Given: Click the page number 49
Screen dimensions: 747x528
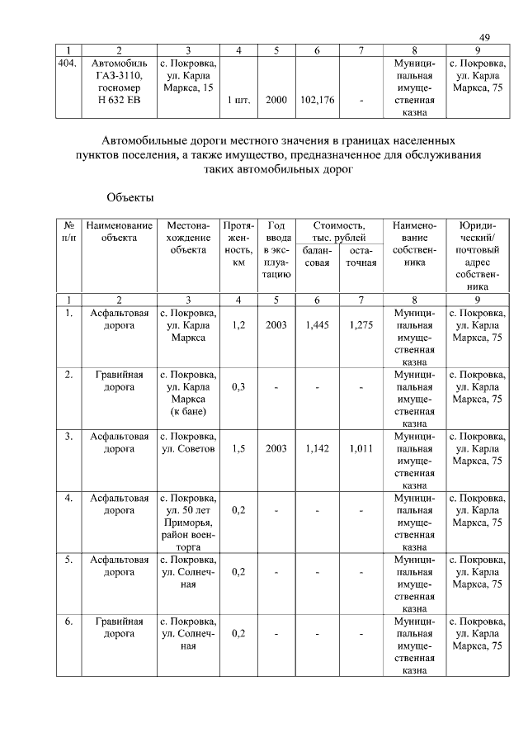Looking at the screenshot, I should pyautogui.click(x=484, y=37).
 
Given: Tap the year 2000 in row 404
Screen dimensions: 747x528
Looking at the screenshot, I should pyautogui.click(x=276, y=101).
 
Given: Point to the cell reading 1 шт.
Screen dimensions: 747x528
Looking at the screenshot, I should pyautogui.click(x=238, y=101).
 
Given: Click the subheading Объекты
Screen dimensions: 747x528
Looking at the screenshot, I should pyautogui.click(x=130, y=198).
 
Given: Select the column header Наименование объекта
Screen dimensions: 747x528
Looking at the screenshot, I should pyautogui.click(x=119, y=231).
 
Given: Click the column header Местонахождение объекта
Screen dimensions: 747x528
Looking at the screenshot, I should pyautogui.click(x=188, y=238).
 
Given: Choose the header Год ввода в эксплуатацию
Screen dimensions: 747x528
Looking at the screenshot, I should pyautogui.click(x=276, y=250).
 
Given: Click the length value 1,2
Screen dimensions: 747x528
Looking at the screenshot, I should pyautogui.click(x=238, y=325).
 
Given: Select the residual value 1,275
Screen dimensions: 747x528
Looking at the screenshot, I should pyautogui.click(x=361, y=325).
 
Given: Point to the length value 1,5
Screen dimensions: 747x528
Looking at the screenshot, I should pyautogui.click(x=238, y=449).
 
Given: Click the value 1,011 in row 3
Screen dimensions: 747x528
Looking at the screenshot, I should pyautogui.click(x=361, y=449).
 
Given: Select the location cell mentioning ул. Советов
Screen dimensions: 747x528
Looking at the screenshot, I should pyautogui.click(x=188, y=442).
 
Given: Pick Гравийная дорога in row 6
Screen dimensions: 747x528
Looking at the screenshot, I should pyautogui.click(x=119, y=627).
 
